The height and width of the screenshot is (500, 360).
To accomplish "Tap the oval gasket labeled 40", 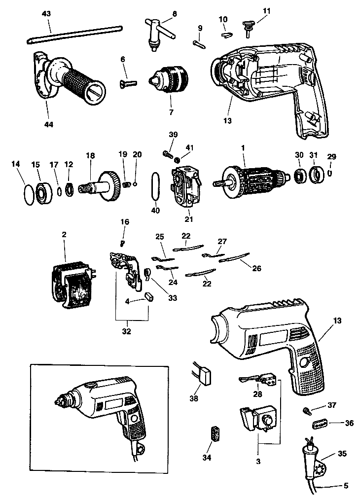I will tap(154, 184).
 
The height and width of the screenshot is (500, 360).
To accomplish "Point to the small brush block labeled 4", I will tap(148, 297).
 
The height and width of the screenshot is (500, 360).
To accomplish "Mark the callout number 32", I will tap(127, 331).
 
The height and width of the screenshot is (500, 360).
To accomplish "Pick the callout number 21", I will tap(189, 218).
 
